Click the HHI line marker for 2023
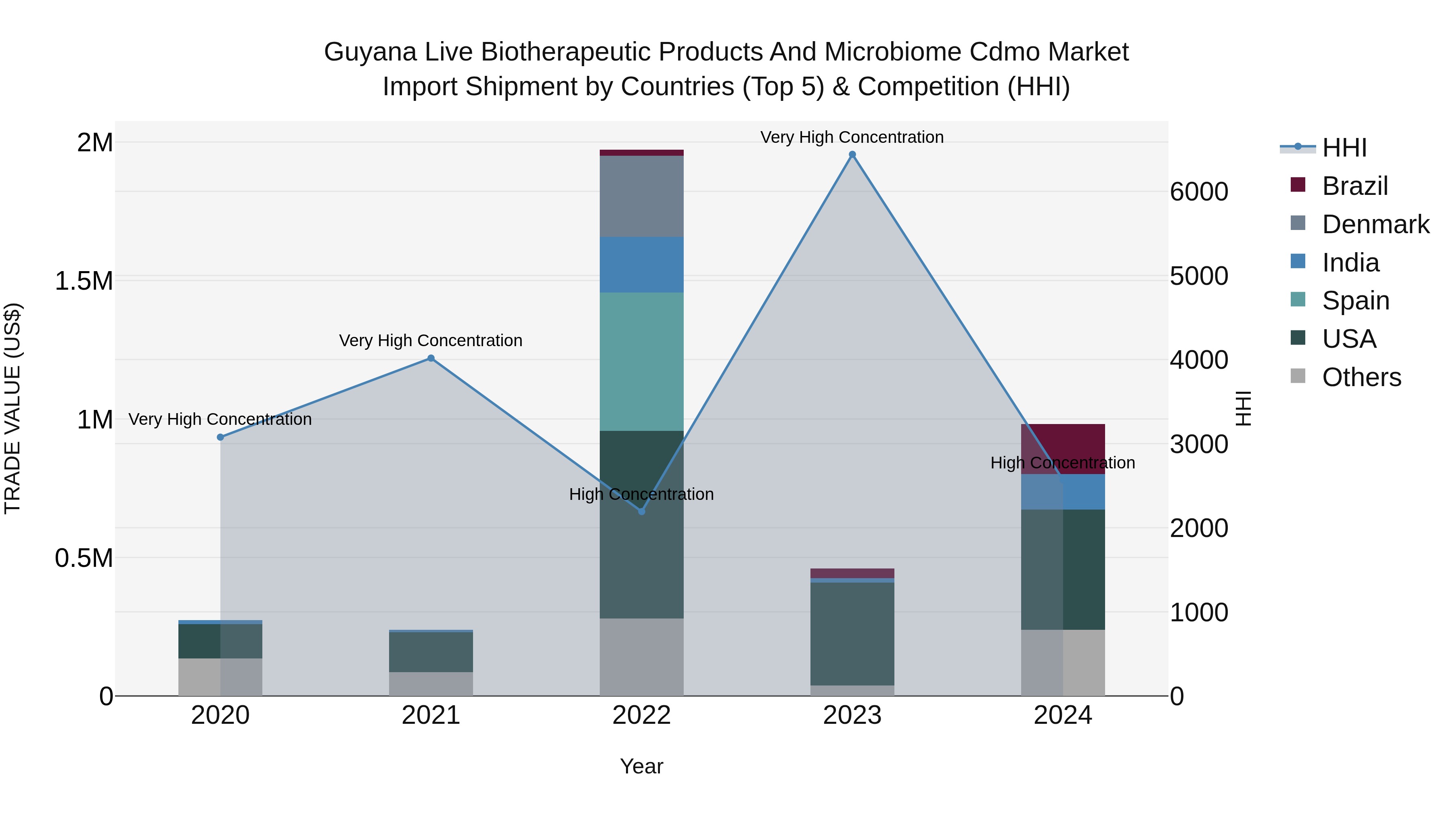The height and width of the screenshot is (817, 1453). click(x=852, y=155)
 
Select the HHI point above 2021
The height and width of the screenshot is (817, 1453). click(x=431, y=358)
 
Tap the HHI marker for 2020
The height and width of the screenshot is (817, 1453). click(x=220, y=437)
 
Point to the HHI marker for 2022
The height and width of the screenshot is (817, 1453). click(x=641, y=511)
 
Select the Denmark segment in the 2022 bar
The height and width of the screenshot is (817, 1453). click(x=641, y=196)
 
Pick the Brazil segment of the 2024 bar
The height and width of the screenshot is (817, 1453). click(x=1063, y=448)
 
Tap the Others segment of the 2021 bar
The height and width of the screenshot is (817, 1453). click(x=431, y=683)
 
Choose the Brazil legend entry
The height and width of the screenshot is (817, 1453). click(x=1354, y=186)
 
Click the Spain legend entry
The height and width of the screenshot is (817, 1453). click(x=1355, y=301)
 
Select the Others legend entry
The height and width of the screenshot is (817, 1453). click(x=1361, y=377)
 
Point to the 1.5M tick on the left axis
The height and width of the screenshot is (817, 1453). click(x=84, y=281)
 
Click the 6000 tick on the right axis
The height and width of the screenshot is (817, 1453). click(x=1199, y=192)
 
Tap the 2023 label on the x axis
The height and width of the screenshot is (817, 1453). click(x=852, y=715)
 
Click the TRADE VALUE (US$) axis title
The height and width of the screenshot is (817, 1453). click(x=13, y=408)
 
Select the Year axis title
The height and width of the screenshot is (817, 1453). click(x=641, y=766)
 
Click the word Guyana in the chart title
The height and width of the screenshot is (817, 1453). click(x=370, y=52)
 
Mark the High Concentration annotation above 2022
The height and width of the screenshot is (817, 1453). click(x=641, y=494)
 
